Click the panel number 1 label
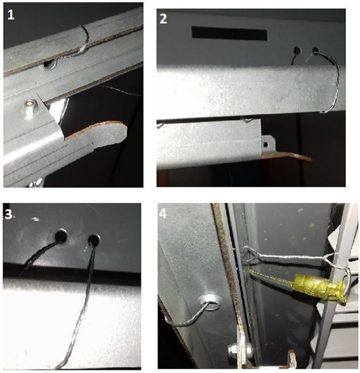[x=11, y=15]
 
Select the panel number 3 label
[x=8, y=214]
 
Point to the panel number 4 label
[x=163, y=214]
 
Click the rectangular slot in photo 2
[x=229, y=33]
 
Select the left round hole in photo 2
[x=297, y=50]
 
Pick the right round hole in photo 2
[x=316, y=50]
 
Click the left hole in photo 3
[x=61, y=236]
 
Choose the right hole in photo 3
[x=94, y=240]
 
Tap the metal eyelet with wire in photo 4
[x=211, y=302]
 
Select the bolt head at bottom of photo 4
[x=233, y=351]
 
